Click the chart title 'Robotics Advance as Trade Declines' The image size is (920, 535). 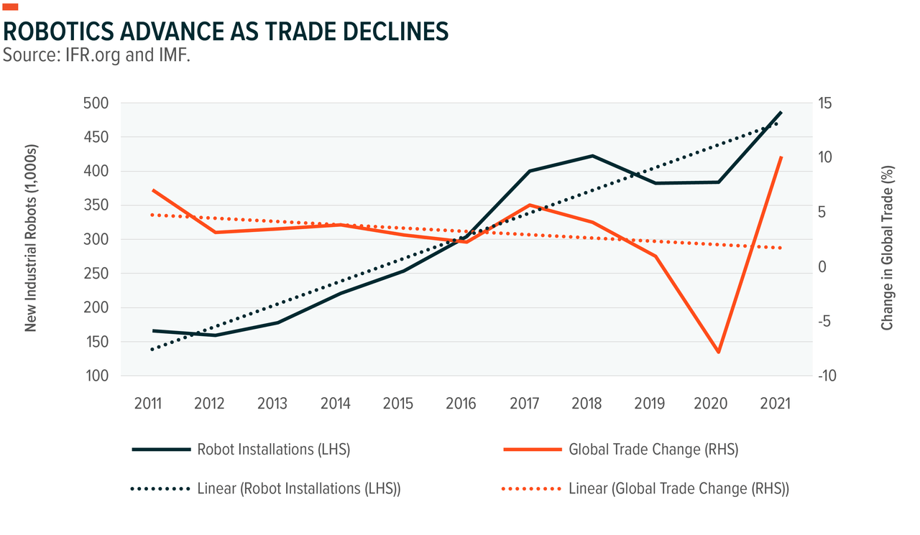[226, 32]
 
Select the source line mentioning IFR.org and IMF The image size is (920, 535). [96, 55]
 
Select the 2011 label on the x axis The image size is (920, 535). [148, 404]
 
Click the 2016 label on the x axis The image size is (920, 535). [461, 404]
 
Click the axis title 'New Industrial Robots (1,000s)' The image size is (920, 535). [31, 238]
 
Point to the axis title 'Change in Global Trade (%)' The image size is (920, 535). [888, 247]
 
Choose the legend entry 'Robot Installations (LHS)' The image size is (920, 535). [273, 450]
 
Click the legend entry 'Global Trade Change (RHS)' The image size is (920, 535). [653, 450]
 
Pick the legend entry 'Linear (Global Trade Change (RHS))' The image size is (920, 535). [678, 489]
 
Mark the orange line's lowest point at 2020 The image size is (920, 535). [718, 352]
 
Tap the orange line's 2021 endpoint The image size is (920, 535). [781, 157]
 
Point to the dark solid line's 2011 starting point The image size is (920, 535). [153, 331]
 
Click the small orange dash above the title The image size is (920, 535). [11, 7]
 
